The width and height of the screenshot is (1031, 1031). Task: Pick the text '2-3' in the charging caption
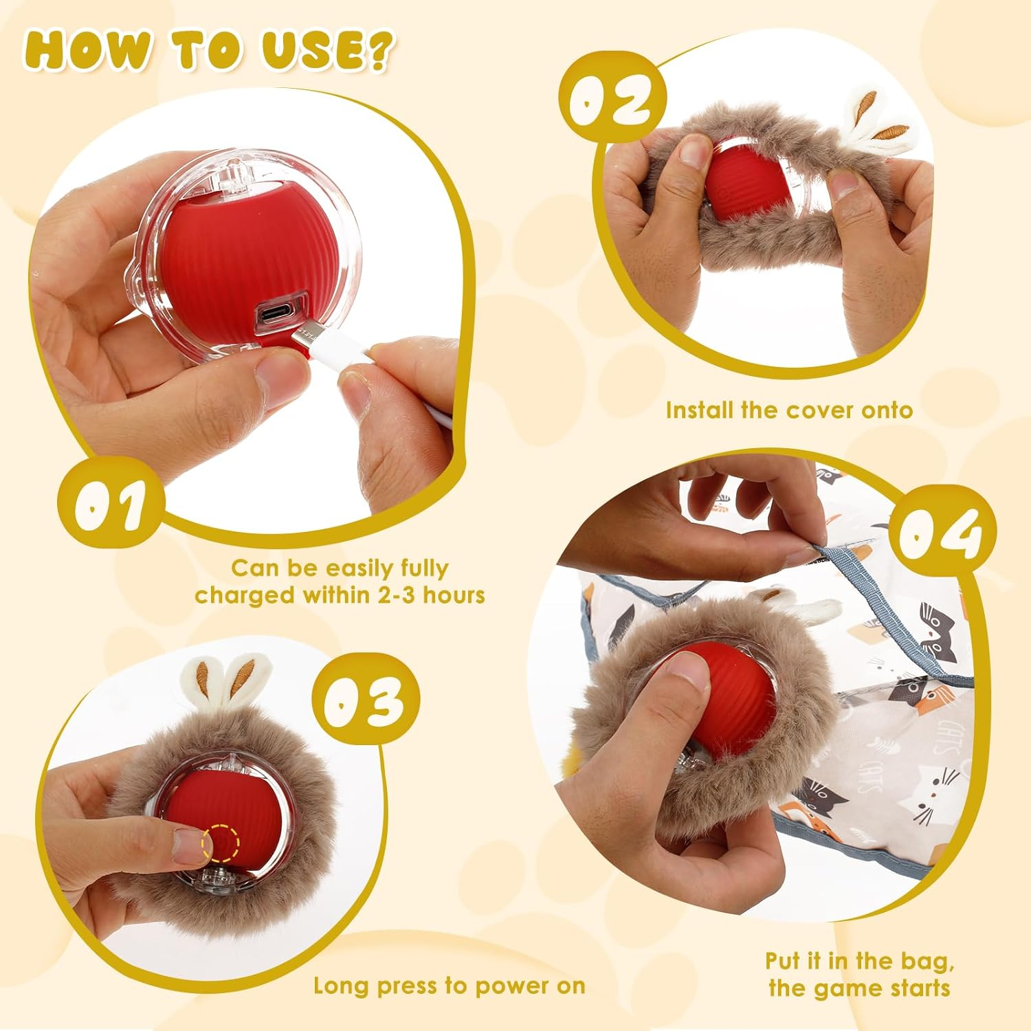pos(397,595)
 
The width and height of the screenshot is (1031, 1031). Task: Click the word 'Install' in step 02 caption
pos(700,410)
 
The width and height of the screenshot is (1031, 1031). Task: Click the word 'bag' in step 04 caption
pos(927,960)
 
